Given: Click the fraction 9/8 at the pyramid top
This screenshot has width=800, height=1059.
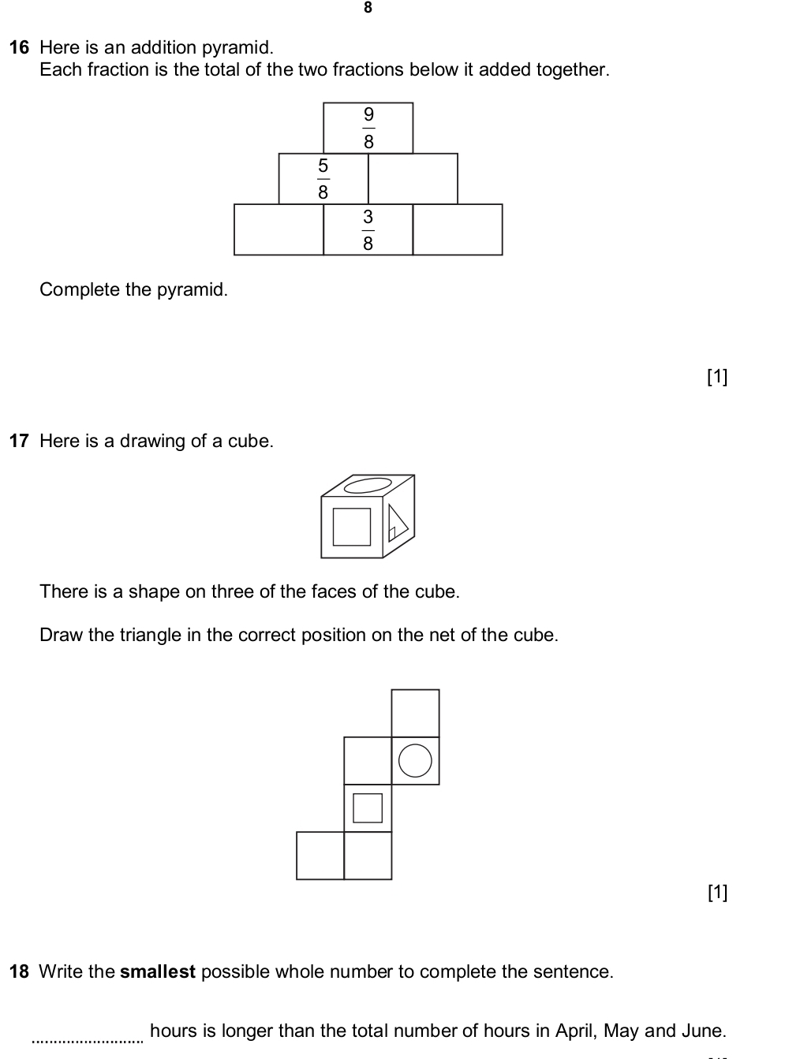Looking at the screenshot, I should point(368,128).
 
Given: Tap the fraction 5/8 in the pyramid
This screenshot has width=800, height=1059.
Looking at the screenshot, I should point(323,179).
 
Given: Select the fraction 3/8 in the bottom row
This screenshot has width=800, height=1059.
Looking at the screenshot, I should point(368,229).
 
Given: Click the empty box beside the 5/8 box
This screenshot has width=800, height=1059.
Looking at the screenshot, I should point(413,179).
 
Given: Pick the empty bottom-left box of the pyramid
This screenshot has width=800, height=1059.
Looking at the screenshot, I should point(279,229).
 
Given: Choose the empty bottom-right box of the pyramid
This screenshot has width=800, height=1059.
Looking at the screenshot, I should point(458,229).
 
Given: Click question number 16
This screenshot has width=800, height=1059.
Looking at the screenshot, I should point(19,47).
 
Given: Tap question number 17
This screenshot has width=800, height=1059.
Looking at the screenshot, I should point(19,441).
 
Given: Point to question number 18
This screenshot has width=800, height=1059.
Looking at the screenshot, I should point(19,971).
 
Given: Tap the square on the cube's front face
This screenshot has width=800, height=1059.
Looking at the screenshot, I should point(352,527).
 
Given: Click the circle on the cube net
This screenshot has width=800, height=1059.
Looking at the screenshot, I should point(415,761).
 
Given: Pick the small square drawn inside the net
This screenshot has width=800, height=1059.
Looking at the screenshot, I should point(368,808).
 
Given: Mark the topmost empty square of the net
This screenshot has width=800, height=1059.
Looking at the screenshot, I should point(415,713).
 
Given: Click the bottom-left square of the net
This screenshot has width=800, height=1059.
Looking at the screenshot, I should point(320,856).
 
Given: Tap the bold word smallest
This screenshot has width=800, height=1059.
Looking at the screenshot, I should point(157,971).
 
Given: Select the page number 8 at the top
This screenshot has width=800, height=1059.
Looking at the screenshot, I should point(368,8).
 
